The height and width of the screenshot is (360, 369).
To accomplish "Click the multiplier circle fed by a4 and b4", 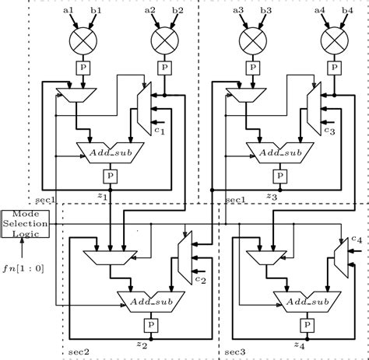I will [334, 38].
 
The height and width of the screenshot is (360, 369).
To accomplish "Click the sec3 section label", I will [235, 351].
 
